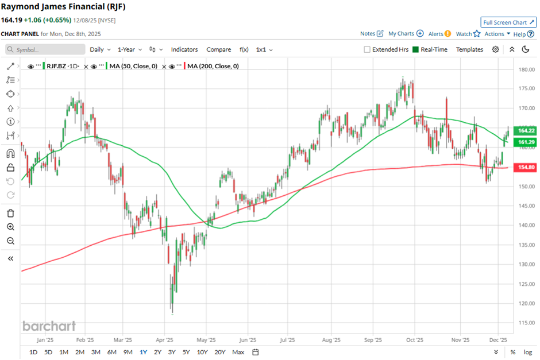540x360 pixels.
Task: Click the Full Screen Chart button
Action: (x=508, y=22)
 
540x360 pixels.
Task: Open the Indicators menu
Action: (x=184, y=49)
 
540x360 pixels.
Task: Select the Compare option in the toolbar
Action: (x=218, y=49)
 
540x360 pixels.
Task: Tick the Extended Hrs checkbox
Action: (x=367, y=49)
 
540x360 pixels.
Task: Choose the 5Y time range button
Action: (x=186, y=352)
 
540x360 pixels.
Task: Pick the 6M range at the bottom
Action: (x=111, y=352)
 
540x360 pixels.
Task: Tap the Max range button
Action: (x=238, y=352)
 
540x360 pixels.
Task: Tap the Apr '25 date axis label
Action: (x=165, y=340)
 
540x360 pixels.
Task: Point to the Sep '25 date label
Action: (x=373, y=340)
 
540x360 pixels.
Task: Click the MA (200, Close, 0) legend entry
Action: (x=213, y=66)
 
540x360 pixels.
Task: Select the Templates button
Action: (x=469, y=49)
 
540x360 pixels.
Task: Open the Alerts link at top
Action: (x=439, y=34)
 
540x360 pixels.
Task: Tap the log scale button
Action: (x=527, y=352)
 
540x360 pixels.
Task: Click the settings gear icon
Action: (x=495, y=49)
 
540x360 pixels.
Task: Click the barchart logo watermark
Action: (x=49, y=326)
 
